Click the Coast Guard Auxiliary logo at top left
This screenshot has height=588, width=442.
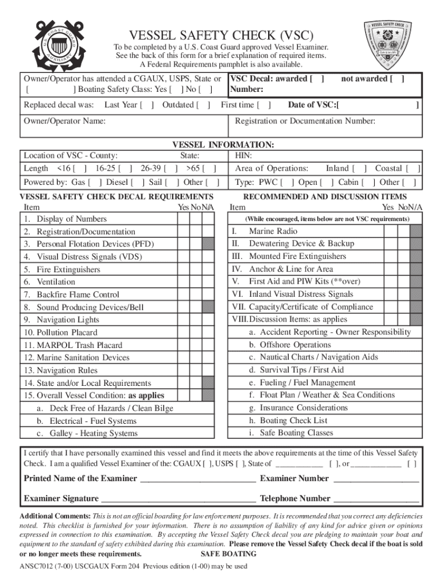[x=56, y=44]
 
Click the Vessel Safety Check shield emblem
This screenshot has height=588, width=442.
[x=393, y=43]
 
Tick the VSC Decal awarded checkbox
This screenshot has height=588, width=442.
[x=317, y=79]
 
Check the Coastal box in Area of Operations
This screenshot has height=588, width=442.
[x=414, y=169]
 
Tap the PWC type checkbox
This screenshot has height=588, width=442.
[x=288, y=183]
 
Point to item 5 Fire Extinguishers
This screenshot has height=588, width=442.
[x=68, y=269]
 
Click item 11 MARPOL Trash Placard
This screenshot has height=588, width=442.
[x=72, y=345]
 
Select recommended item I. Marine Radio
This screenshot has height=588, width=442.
[x=273, y=231]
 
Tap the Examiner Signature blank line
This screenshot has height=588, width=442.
[x=178, y=498]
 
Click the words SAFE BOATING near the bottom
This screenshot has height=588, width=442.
[x=228, y=554]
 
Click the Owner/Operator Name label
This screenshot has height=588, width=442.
[x=64, y=121]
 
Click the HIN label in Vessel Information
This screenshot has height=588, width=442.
[x=243, y=156]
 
